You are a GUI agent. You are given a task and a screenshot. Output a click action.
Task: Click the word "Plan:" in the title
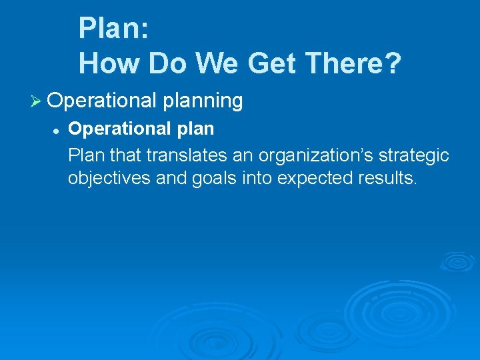point(113,28)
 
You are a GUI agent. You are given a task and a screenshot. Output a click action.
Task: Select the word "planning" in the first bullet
point(202,101)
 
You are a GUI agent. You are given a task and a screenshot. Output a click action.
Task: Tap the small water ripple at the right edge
point(457,261)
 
